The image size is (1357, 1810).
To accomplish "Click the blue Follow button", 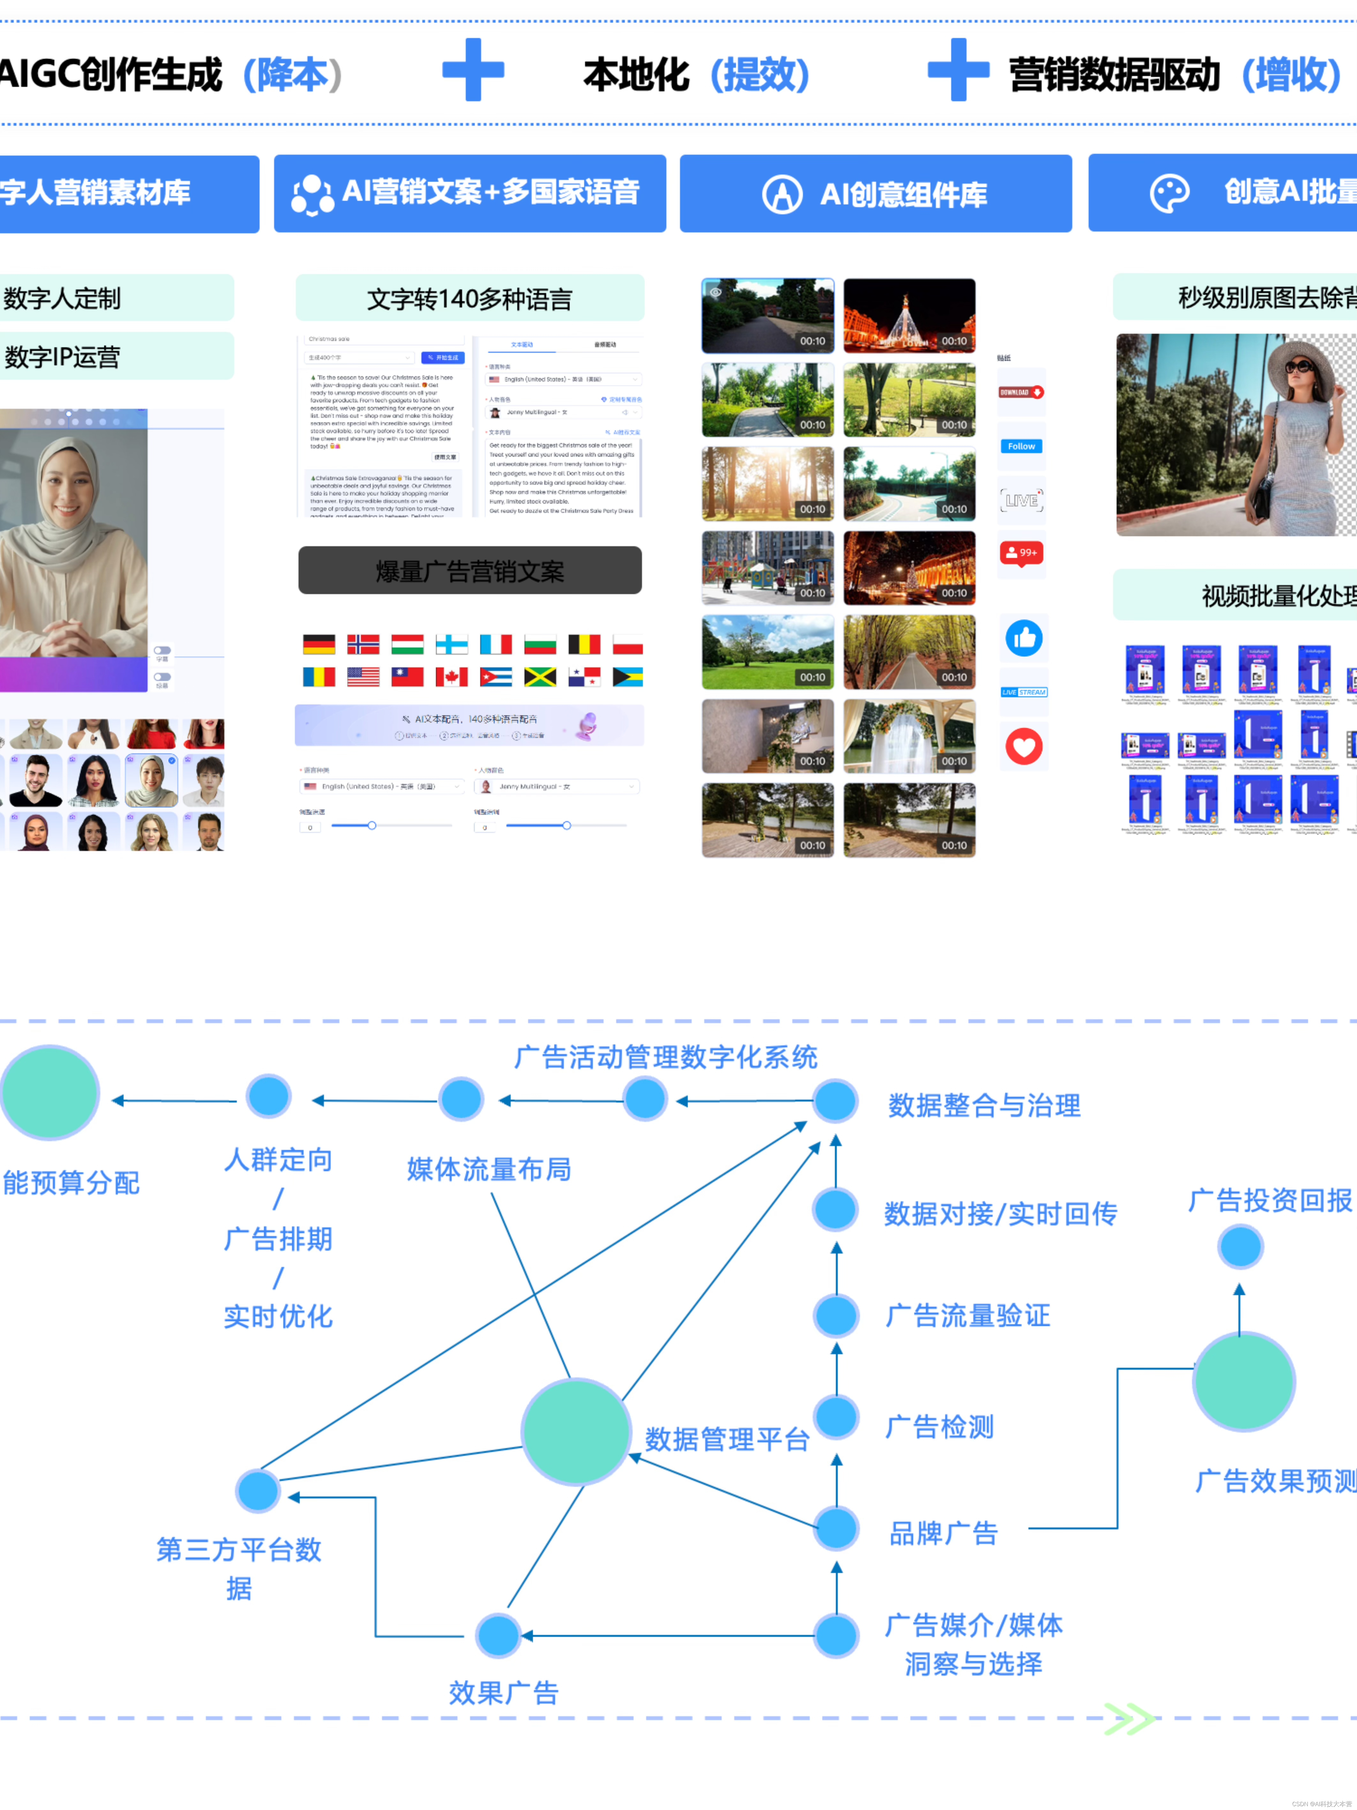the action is point(1021,446).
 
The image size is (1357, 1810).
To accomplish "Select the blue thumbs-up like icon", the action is point(1023,638).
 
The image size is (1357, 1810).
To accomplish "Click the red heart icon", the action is point(1023,746).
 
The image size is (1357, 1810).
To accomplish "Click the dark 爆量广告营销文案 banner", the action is point(469,570).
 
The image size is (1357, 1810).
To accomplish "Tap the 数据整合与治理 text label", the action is point(984,1105).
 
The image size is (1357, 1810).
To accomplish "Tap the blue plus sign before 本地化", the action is point(473,70).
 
